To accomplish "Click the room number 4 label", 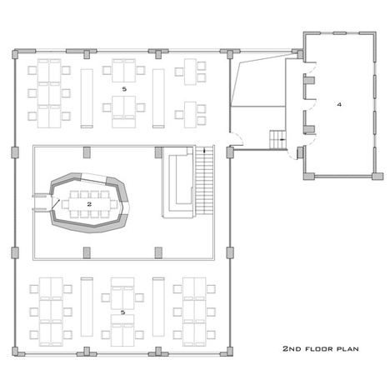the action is coord(339,104).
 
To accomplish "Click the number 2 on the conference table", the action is coord(89,204).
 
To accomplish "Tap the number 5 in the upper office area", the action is coord(124,89).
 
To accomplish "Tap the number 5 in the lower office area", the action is coord(122,312).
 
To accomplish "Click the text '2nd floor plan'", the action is coord(321,348).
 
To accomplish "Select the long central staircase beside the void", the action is coord(204,180).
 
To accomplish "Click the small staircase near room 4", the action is coord(277,139).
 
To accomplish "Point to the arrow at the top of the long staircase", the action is coord(204,151).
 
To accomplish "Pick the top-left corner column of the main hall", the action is coord(15,54).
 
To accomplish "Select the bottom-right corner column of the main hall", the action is coord(230,352).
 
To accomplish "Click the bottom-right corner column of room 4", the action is coord(377,176).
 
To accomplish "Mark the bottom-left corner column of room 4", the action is coord(309,176).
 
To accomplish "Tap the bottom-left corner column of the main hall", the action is coord(15,352).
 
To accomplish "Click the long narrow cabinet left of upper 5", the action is coord(87,98).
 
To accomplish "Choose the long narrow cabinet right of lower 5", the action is coord(158,307).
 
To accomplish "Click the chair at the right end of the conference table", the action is coord(113,204).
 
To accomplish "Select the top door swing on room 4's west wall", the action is coord(311,67).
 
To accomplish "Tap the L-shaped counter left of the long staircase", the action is coord(177,182).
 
